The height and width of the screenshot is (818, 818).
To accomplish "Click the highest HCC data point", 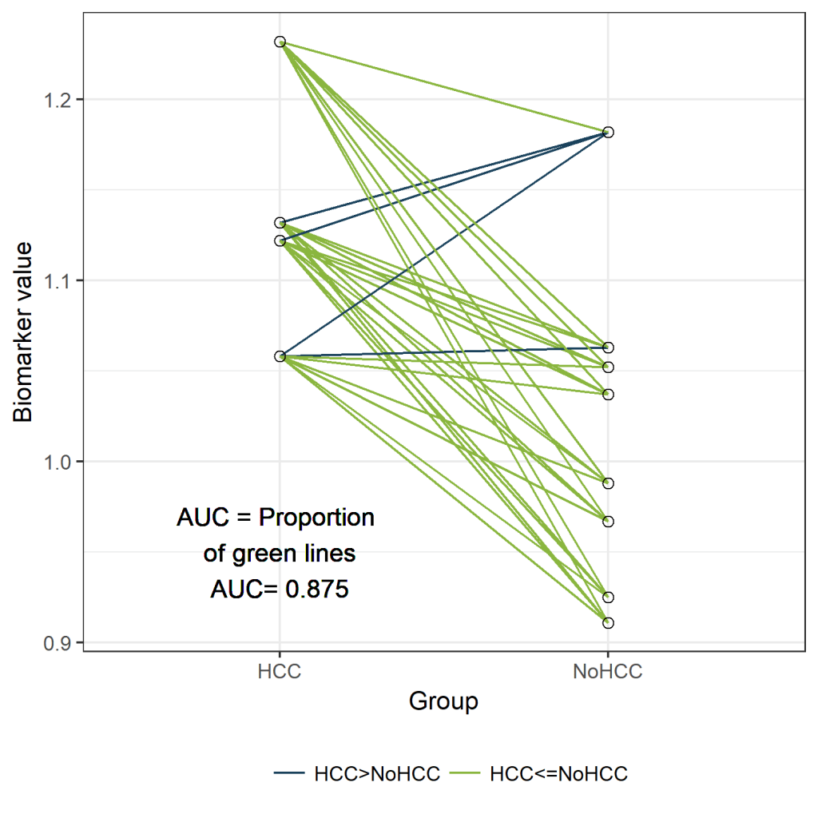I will click(280, 42).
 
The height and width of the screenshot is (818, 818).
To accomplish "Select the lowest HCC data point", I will click(280, 356).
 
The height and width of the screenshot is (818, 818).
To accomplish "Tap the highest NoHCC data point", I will click(608, 132).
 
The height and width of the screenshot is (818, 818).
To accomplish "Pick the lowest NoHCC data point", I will click(608, 622).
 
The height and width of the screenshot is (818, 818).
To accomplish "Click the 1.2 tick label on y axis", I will click(61, 100).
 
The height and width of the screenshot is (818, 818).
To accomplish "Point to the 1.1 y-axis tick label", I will click(61, 280).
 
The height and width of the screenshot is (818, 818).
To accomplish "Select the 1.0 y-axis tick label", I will click(61, 462).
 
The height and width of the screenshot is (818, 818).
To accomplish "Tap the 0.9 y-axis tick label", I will click(61, 642).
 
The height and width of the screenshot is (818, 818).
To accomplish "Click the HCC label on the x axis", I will click(280, 672).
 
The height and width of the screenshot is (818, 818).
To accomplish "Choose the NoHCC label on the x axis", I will click(608, 672).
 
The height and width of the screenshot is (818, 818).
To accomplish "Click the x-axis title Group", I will click(443, 702).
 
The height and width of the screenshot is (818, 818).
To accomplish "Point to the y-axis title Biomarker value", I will click(25, 332).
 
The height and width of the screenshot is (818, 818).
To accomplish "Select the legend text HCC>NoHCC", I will click(377, 773).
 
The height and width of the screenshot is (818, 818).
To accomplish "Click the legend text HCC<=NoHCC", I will click(558, 773).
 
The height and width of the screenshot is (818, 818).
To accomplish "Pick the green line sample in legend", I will click(466, 773).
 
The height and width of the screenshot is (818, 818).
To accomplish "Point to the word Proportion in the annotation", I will click(316, 518).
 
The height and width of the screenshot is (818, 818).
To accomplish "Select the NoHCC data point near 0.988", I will click(608, 483).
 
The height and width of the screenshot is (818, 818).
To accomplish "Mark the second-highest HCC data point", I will click(280, 223).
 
